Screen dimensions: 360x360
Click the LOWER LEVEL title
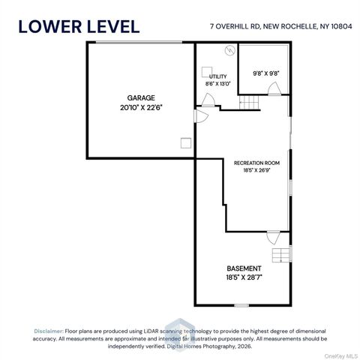pos(79,27)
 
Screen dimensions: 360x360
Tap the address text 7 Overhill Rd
pos(235,26)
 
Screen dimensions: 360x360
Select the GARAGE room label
pos(141,97)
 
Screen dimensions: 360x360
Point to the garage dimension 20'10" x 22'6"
pos(141,108)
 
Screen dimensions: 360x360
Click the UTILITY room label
pos(218,76)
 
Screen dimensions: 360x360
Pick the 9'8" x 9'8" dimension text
pos(266,73)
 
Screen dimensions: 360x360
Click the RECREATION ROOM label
pos(256,163)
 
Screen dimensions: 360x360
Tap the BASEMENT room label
pos(244,268)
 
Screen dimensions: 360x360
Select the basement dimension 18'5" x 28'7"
pos(244,277)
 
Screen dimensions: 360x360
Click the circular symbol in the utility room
pos(230,50)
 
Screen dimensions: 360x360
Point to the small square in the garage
pos(186,143)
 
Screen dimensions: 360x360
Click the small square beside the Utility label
pos(207,72)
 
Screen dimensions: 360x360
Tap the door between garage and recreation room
pos(201,116)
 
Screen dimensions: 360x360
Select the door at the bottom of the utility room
pos(208,100)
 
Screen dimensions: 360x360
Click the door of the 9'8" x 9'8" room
pos(274,88)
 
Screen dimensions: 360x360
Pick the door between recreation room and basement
pos(274,238)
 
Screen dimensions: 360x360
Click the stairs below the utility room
pos(249,103)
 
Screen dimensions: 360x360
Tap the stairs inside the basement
pos(281,255)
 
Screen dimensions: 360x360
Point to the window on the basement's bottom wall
pos(241,305)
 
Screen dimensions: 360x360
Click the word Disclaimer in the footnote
pos(49,331)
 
